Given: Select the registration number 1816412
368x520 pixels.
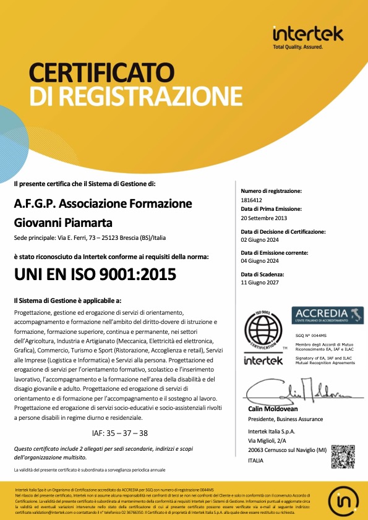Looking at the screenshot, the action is tap(251, 200).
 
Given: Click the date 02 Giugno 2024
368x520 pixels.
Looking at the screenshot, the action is tap(260, 239).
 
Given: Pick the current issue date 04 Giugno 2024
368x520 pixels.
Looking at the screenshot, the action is tap(260, 260).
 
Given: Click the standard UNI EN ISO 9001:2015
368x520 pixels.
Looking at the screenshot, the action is tap(95, 274).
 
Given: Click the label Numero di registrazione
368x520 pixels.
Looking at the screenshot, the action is tap(271, 192).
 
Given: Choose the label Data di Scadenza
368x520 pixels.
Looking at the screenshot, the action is tap(262, 273).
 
